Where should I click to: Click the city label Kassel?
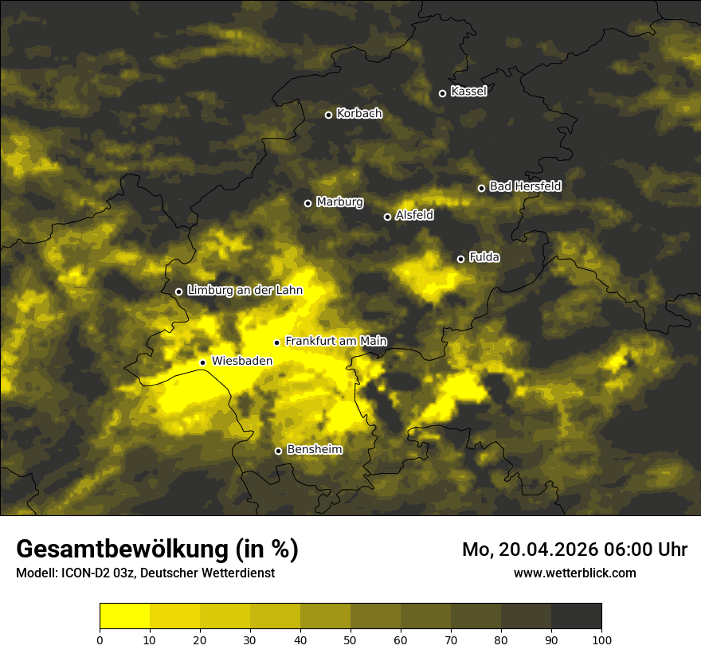click(x=468, y=92)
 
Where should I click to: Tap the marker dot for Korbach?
click(x=328, y=115)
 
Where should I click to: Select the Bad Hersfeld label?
click(x=525, y=186)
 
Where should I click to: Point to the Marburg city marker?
click(x=307, y=203)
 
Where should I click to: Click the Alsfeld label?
click(x=414, y=215)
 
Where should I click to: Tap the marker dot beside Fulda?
click(x=460, y=259)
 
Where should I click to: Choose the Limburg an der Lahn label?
click(x=245, y=291)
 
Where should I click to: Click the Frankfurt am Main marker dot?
click(x=277, y=342)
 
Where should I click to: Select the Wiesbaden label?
click(x=242, y=361)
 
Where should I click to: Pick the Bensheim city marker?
click(x=278, y=451)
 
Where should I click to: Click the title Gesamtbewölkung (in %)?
click(x=157, y=550)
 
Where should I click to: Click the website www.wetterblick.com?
click(x=575, y=573)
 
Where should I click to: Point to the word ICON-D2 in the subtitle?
click(x=85, y=573)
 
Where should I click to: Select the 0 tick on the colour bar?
click(x=100, y=639)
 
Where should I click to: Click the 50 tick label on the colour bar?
click(x=350, y=639)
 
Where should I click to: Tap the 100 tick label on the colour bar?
click(x=601, y=639)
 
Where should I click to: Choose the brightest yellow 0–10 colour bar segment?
click(x=124, y=616)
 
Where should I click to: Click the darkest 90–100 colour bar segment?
click(x=576, y=616)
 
